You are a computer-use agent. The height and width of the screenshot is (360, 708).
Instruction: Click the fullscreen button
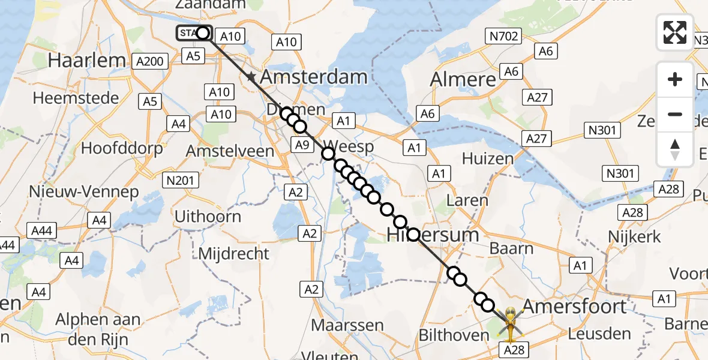(x=675, y=32)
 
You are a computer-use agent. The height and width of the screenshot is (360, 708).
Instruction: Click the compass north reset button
(x=675, y=149)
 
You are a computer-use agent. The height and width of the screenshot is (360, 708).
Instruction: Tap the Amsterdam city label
(x=313, y=77)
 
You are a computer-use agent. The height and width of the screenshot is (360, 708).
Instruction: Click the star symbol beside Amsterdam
(x=250, y=77)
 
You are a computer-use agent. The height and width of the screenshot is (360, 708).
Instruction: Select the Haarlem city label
(x=87, y=61)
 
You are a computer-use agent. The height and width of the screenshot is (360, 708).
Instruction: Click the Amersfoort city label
(x=574, y=307)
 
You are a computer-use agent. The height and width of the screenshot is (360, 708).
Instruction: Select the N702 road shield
(x=503, y=37)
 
